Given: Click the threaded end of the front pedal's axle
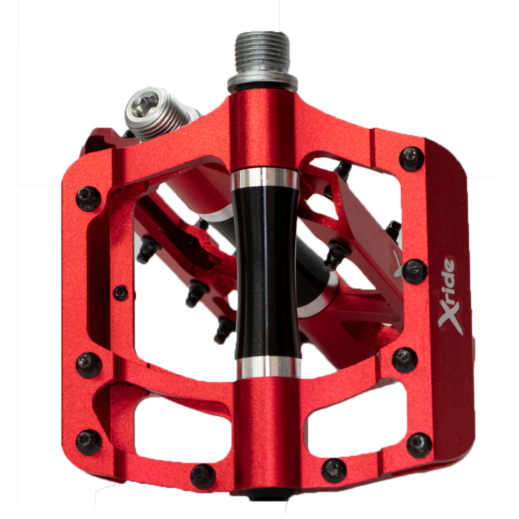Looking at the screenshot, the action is click(x=262, y=52).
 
